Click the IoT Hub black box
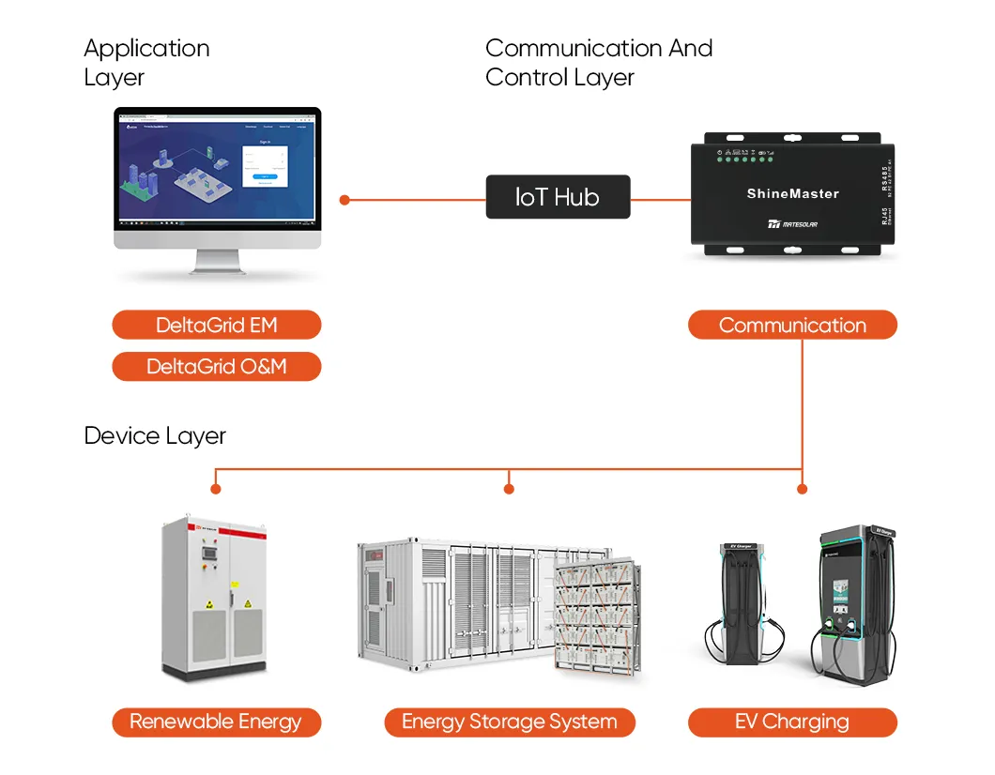pos(558,197)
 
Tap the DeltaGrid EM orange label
pos(216,326)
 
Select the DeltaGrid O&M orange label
pos(216,367)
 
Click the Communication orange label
pos(792,326)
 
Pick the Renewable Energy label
pos(216,722)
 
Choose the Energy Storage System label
pos(510,722)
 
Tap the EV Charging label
pos(792,722)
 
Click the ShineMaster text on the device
pos(792,193)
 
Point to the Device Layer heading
pos(155,435)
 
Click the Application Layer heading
pos(146,62)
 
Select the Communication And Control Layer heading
pos(599,62)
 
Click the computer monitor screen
pos(217,168)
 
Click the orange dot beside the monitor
pos(344,200)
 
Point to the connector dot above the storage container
pos(509,489)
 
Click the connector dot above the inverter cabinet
pos(216,489)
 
